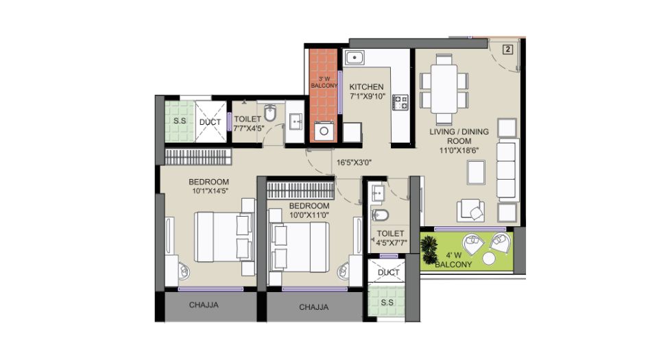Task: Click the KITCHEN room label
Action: (x=366, y=87)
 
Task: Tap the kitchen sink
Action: (x=355, y=58)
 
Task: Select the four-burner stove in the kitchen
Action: (x=400, y=102)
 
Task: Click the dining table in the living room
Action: (x=444, y=88)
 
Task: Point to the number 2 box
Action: (x=507, y=49)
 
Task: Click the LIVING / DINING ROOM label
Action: (x=459, y=136)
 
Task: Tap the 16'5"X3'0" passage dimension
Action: (x=354, y=163)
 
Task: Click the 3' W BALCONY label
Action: (x=324, y=82)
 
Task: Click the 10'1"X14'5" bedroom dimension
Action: (x=211, y=191)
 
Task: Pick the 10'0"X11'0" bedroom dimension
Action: (x=309, y=215)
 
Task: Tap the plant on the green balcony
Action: (x=429, y=250)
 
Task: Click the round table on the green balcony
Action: (x=488, y=259)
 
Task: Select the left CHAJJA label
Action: (x=204, y=305)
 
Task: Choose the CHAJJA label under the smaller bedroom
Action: (x=313, y=307)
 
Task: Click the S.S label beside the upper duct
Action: (x=180, y=121)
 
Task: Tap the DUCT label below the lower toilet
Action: (x=389, y=272)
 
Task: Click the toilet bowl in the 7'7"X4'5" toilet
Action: (x=270, y=112)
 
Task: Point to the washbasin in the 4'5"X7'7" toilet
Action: (x=378, y=193)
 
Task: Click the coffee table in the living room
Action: (x=476, y=172)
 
